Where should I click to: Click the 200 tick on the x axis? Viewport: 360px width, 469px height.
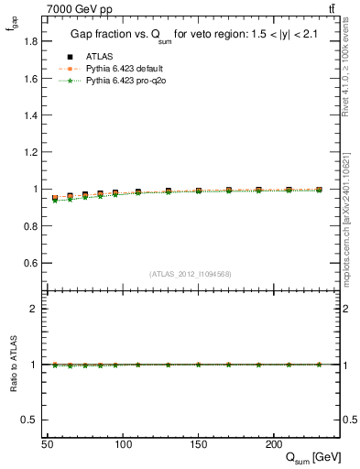point(273,443)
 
